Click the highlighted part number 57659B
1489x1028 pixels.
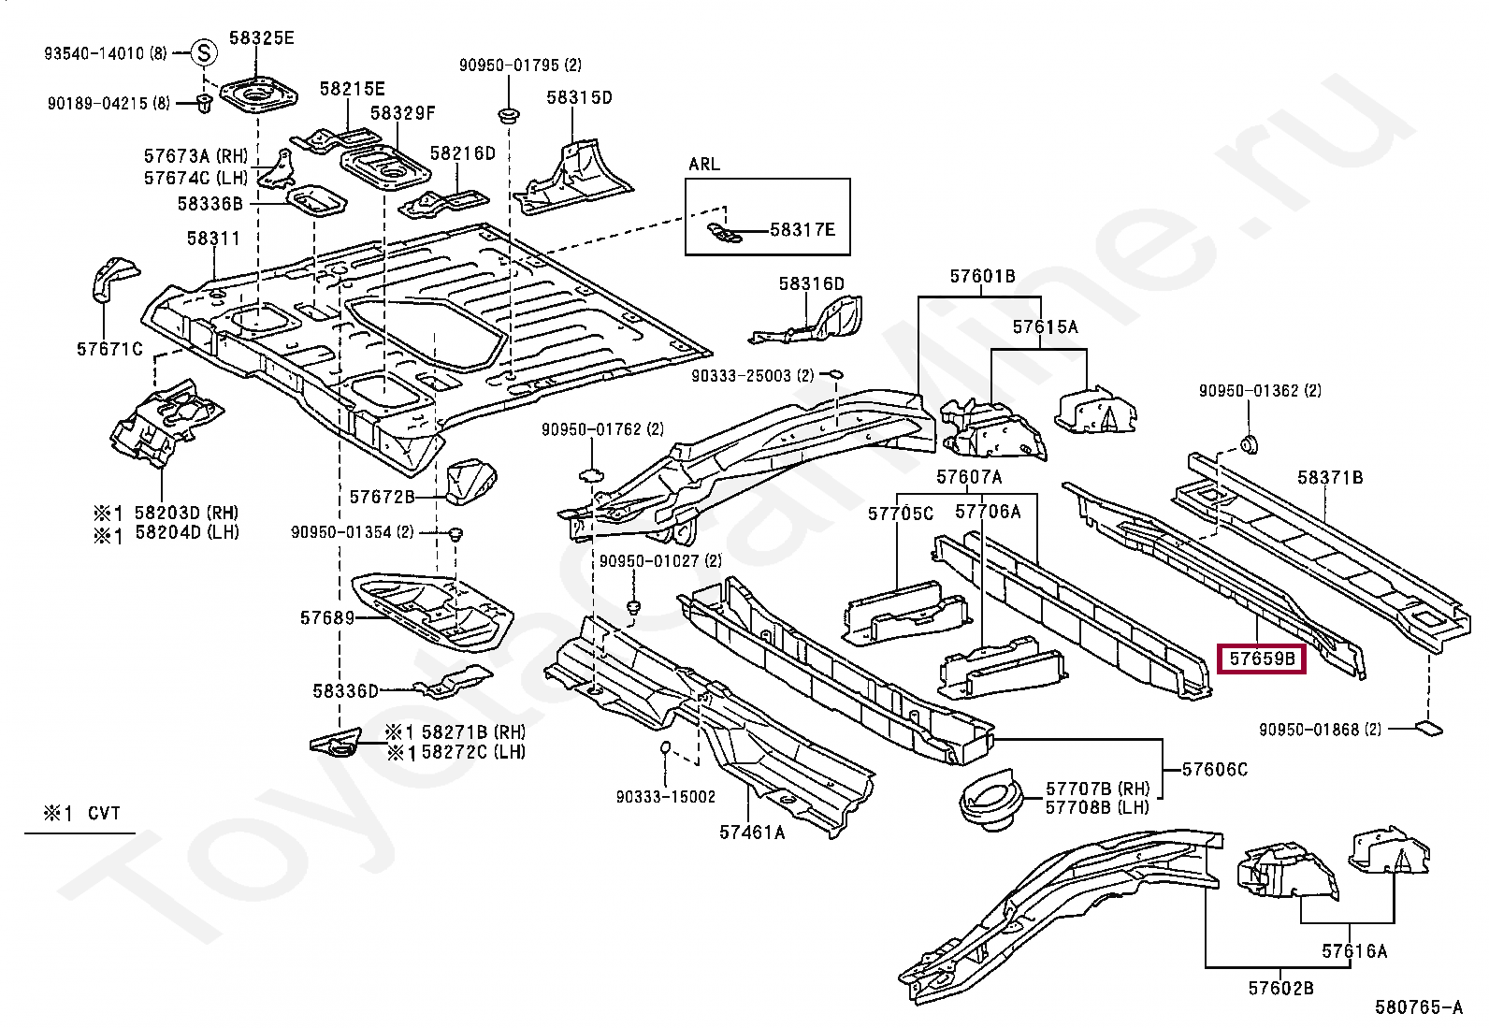(x=1262, y=659)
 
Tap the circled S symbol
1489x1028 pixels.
(x=204, y=52)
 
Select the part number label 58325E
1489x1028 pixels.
(x=261, y=38)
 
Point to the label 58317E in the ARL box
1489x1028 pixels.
(x=802, y=230)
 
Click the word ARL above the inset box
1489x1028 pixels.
(x=704, y=165)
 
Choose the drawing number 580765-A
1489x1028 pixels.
(x=1419, y=1007)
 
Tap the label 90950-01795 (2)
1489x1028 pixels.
(x=520, y=65)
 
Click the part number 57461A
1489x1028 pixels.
(x=752, y=832)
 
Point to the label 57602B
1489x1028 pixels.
(x=1281, y=988)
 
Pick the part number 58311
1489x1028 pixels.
(x=212, y=238)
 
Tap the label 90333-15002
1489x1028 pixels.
(x=665, y=796)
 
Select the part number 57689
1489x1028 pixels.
(x=327, y=617)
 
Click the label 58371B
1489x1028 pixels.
(x=1330, y=477)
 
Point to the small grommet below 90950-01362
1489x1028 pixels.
(x=1249, y=444)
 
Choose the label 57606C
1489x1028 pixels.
(x=1214, y=769)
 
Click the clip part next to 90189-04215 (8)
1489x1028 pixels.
(x=204, y=103)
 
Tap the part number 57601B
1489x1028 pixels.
(x=982, y=276)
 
